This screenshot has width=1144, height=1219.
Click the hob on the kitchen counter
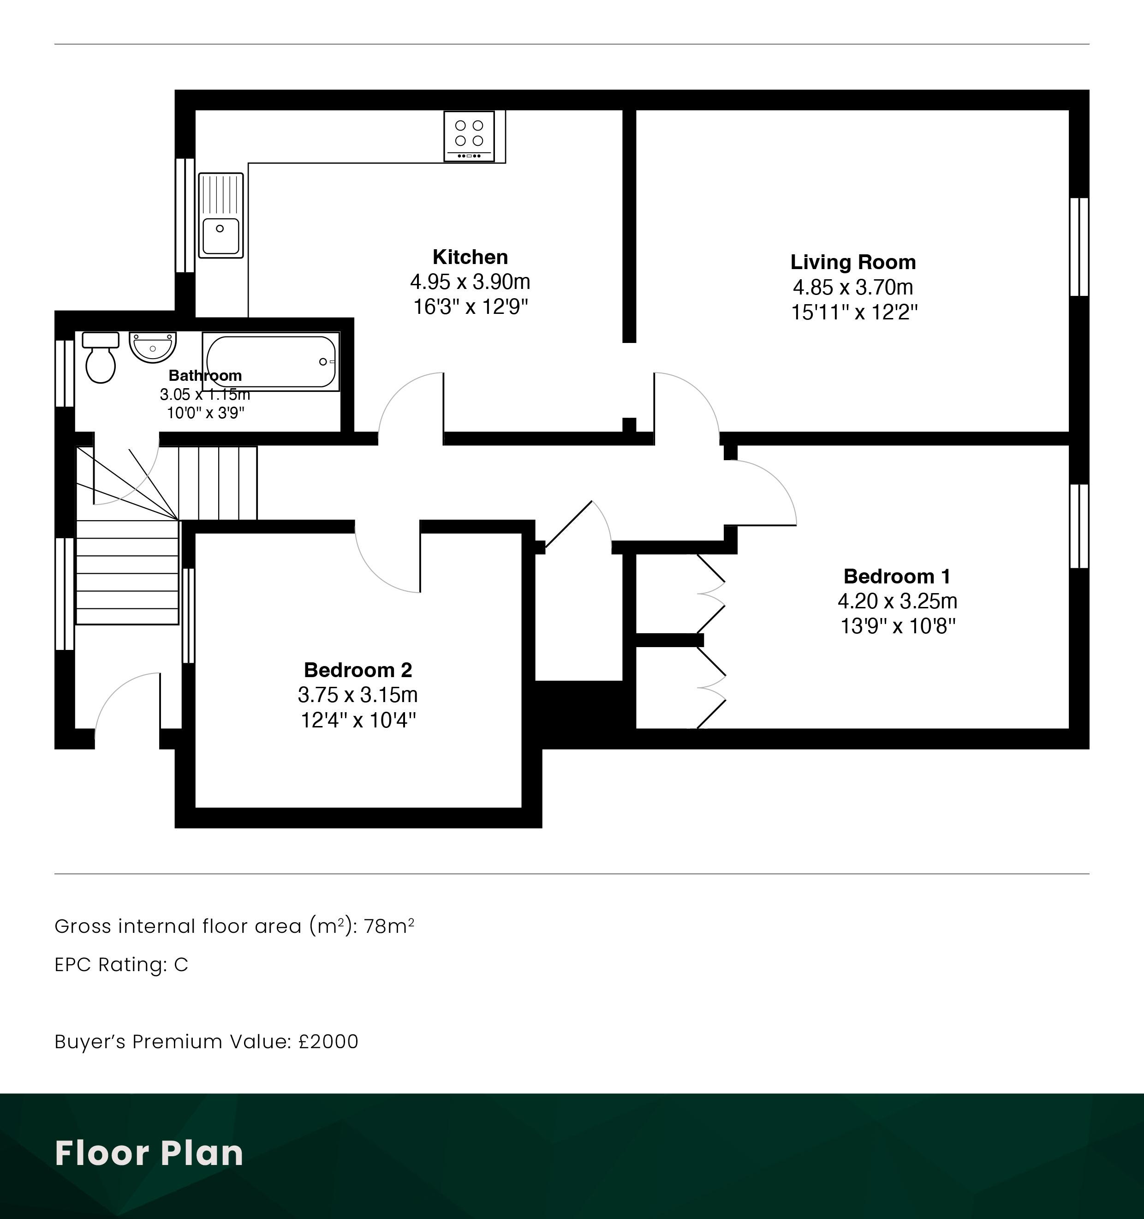(469, 136)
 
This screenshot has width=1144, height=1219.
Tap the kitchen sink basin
(220, 235)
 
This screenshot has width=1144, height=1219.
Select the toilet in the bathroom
(101, 357)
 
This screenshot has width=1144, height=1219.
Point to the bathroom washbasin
(153, 348)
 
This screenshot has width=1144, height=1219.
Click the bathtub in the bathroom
(271, 362)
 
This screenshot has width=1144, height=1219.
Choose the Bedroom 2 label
(358, 670)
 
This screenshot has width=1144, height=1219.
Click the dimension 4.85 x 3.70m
(853, 287)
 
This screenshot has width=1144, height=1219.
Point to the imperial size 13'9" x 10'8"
(898, 626)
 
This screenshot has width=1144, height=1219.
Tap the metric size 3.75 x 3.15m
(358, 695)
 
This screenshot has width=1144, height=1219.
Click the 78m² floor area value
(389, 926)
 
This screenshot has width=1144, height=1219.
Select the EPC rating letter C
(181, 965)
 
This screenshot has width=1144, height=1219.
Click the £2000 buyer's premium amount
(328, 1042)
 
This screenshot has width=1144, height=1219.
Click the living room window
(1079, 247)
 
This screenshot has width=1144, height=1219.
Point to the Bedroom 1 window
(1079, 526)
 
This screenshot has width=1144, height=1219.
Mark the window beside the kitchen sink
(185, 215)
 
